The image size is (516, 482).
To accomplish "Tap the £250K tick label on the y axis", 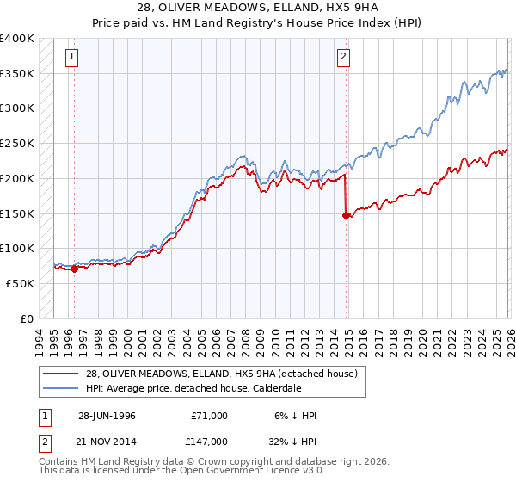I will pos(17,143).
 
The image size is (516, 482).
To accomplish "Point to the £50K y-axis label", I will pos(20,282).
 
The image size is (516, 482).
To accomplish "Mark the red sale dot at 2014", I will pos(346,216).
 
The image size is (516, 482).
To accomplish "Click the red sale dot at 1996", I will pos(74,269).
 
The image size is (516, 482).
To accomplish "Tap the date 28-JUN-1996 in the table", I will pos(107,416).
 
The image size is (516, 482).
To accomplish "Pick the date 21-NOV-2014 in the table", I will pos(107,441).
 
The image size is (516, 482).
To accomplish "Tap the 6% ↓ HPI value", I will pos(295,416).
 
